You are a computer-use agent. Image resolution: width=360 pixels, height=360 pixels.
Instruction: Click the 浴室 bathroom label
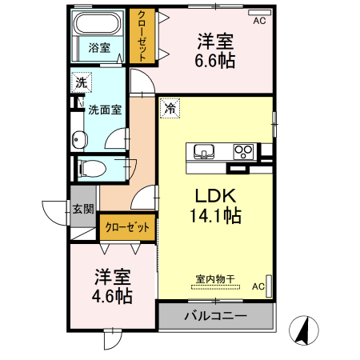99,47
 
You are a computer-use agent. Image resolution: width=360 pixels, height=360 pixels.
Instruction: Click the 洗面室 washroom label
105,110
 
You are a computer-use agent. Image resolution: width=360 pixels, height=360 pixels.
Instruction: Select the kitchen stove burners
243,151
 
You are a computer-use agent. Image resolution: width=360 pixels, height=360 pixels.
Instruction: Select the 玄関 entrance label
83,209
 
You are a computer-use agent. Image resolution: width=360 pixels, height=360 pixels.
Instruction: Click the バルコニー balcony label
215,316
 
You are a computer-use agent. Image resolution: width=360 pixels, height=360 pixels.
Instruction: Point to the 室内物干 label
215,279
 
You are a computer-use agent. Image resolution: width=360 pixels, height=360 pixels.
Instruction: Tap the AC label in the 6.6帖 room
258,22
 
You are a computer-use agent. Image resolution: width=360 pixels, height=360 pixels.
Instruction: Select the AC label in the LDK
258,286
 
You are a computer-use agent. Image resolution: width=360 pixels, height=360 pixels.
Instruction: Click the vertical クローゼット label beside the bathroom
142,35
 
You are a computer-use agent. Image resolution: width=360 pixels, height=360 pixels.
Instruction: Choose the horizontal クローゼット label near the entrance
128,227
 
